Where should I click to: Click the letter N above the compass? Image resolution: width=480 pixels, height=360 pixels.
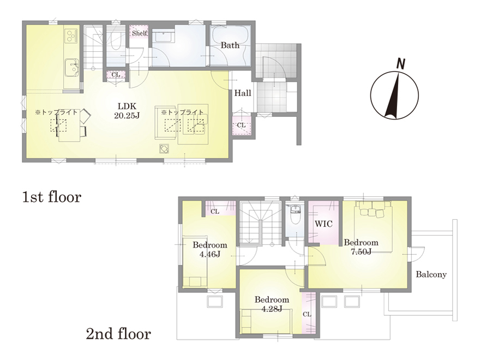400,64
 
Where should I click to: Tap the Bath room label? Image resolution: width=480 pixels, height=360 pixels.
230,45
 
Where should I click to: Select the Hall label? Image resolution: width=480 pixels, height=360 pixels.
243,93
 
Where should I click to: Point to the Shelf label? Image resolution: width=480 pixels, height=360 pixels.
140,33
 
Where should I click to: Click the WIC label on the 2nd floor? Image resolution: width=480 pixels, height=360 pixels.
323,224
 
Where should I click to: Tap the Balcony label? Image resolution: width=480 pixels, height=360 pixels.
431,274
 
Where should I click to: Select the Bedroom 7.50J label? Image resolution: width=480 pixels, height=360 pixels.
361,247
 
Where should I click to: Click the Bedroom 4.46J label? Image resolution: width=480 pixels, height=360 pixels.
210,249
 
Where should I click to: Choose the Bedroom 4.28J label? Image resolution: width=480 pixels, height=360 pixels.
272,304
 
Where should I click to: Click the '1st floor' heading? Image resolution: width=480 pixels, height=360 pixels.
52,197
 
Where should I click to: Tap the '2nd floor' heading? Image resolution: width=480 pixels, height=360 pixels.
118,334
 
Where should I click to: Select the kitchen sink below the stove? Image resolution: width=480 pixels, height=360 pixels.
71,67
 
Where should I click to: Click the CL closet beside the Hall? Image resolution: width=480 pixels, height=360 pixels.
242,125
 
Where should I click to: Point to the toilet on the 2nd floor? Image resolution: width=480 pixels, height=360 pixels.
295,215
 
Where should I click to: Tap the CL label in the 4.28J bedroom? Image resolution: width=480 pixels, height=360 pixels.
307,314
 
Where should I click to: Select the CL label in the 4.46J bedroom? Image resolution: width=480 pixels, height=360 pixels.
215,212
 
